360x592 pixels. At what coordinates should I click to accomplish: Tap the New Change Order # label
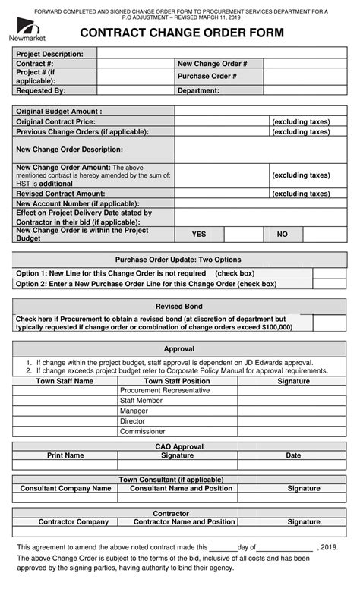pyautogui.click(x=212, y=64)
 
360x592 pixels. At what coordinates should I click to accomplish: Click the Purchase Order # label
pyautogui.click(x=207, y=77)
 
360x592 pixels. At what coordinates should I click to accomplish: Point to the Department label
pyautogui.click(x=198, y=90)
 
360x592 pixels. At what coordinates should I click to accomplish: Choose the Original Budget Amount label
pyautogui.click(x=58, y=111)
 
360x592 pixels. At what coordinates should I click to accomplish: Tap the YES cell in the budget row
pyautogui.click(x=199, y=235)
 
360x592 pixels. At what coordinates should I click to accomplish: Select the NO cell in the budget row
pyautogui.click(x=283, y=235)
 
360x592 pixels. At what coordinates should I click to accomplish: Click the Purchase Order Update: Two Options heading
pyautogui.click(x=178, y=259)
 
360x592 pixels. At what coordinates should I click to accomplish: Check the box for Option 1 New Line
pyautogui.click(x=330, y=273)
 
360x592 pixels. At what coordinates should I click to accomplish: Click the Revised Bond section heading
pyautogui.click(x=178, y=306)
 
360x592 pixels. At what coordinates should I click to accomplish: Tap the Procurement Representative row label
pyautogui.click(x=165, y=390)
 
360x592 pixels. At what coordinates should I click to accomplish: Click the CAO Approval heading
pyautogui.click(x=179, y=446)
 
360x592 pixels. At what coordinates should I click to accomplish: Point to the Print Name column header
pyautogui.click(x=65, y=455)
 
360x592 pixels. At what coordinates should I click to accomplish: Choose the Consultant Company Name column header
pyautogui.click(x=65, y=489)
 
